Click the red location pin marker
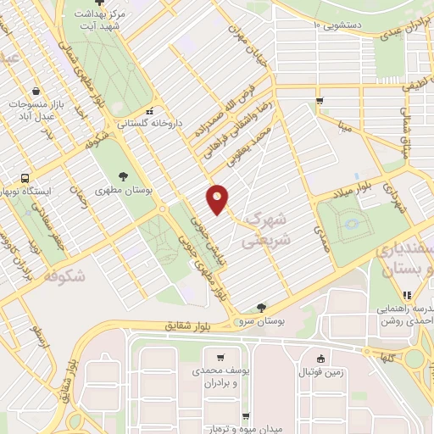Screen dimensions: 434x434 (x=218, y=199)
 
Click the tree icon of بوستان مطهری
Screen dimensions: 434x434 (x=124, y=177)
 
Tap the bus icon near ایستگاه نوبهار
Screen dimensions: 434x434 (x=25, y=179)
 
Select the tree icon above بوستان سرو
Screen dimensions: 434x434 (x=260, y=308)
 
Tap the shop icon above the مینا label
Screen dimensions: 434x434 (x=320, y=101)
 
